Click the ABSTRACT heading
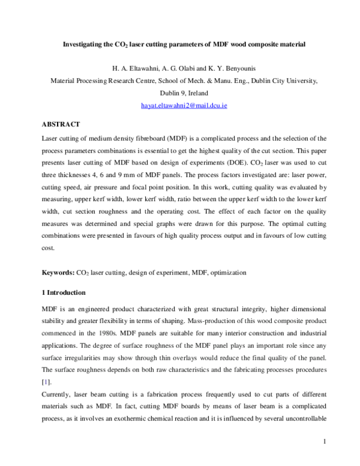click(61, 124)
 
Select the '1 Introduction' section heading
click(64, 292)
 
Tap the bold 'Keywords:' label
click(58, 273)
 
